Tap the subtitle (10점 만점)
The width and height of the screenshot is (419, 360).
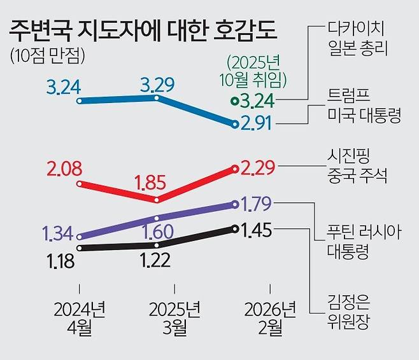tap(48, 56)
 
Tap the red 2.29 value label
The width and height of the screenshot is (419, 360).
tap(257, 169)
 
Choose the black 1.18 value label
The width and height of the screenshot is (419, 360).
tap(63, 260)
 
